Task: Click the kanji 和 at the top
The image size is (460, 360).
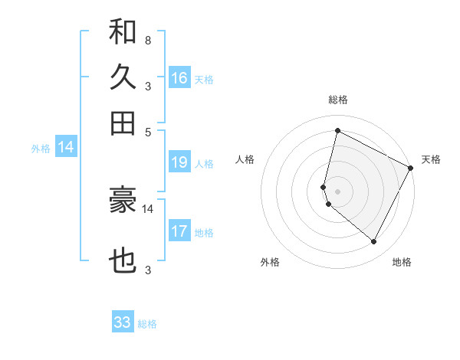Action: pyautogui.click(x=123, y=32)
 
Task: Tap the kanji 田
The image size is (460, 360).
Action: pyautogui.click(x=123, y=123)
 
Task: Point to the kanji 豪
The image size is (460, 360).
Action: pyautogui.click(x=123, y=201)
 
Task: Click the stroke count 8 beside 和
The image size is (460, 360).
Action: pyautogui.click(x=147, y=40)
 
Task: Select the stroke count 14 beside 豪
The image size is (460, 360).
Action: pyautogui.click(x=148, y=208)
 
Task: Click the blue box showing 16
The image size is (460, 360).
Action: pyautogui.click(x=179, y=77)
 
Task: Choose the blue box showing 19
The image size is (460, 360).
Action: pyautogui.click(x=179, y=162)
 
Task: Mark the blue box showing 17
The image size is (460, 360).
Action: pyautogui.click(x=179, y=231)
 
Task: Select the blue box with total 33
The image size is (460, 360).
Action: pyautogui.click(x=123, y=322)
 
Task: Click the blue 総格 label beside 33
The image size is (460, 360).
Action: pyautogui.click(x=147, y=324)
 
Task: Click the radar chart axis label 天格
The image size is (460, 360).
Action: pyautogui.click(x=431, y=159)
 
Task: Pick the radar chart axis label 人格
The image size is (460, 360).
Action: pyautogui.click(x=245, y=159)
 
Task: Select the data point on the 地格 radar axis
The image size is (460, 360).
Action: pyautogui.click(x=374, y=242)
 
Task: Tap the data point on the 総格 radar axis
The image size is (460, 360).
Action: pyautogui.click(x=337, y=131)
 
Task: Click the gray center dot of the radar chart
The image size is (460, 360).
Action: pyautogui.click(x=337, y=191)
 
